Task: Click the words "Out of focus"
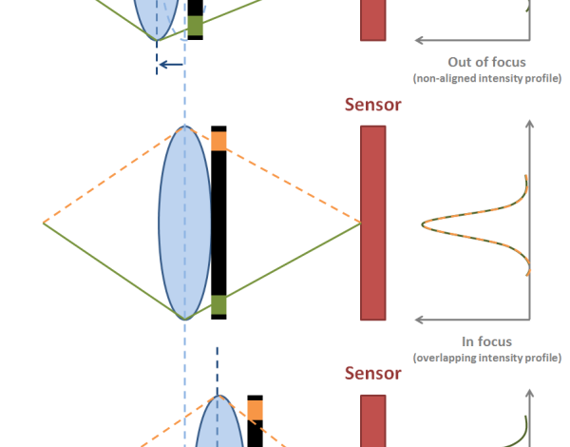(x=487, y=62)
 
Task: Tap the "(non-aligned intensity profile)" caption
(x=487, y=78)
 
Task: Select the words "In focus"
(x=486, y=341)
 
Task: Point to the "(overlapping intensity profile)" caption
(x=486, y=358)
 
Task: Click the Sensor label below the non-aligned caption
(x=372, y=105)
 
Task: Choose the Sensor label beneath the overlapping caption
(x=372, y=373)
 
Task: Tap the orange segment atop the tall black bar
(x=219, y=142)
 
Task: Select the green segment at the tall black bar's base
(x=219, y=304)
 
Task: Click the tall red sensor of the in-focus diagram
(x=372, y=223)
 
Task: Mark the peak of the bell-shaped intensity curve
(x=425, y=223)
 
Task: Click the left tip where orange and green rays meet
(x=45, y=223)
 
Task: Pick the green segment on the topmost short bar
(x=195, y=27)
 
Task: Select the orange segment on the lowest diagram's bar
(x=255, y=410)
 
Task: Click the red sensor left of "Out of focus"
(x=372, y=20)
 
